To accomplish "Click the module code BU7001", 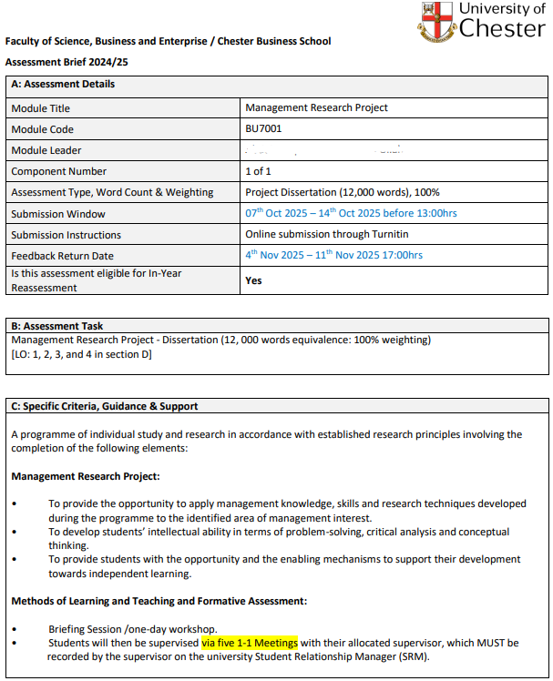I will [x=264, y=129].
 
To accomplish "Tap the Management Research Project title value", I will [x=316, y=108].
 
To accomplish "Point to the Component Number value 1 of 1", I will [x=259, y=171].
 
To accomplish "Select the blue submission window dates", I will [x=351, y=213].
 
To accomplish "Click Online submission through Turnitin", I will [x=327, y=234].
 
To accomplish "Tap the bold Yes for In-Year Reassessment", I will [x=253, y=280].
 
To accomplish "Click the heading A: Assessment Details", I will [x=63, y=85].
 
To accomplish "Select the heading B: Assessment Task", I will [x=57, y=326].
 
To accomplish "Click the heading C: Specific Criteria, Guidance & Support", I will [x=105, y=406].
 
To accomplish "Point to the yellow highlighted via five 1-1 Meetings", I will [x=250, y=643].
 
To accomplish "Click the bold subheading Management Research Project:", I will [x=86, y=476].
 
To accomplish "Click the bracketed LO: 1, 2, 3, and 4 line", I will [x=81, y=354].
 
